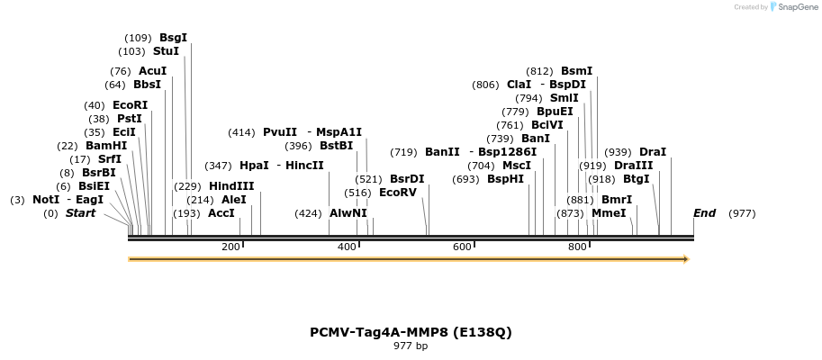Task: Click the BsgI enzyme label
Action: coord(173,38)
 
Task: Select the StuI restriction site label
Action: coord(166,51)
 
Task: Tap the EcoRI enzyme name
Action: coord(130,105)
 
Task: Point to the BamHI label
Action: coord(106,146)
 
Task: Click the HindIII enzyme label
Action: coord(231,186)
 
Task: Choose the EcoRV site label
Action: coord(397,193)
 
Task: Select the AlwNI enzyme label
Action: coord(348,213)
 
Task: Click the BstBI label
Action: coord(336,146)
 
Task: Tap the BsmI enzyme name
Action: coord(576,71)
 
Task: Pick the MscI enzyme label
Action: coord(516,166)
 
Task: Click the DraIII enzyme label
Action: coord(633,166)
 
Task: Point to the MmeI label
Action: coord(609,213)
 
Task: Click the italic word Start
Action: coord(80,213)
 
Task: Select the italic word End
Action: coord(704,213)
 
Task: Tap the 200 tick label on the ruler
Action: coord(230,247)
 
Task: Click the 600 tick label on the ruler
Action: coord(462,247)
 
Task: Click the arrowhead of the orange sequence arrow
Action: coord(686,259)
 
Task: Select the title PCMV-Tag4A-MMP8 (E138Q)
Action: coord(411,332)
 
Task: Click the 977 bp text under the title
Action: coord(411,346)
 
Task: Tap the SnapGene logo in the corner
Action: coord(792,7)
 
